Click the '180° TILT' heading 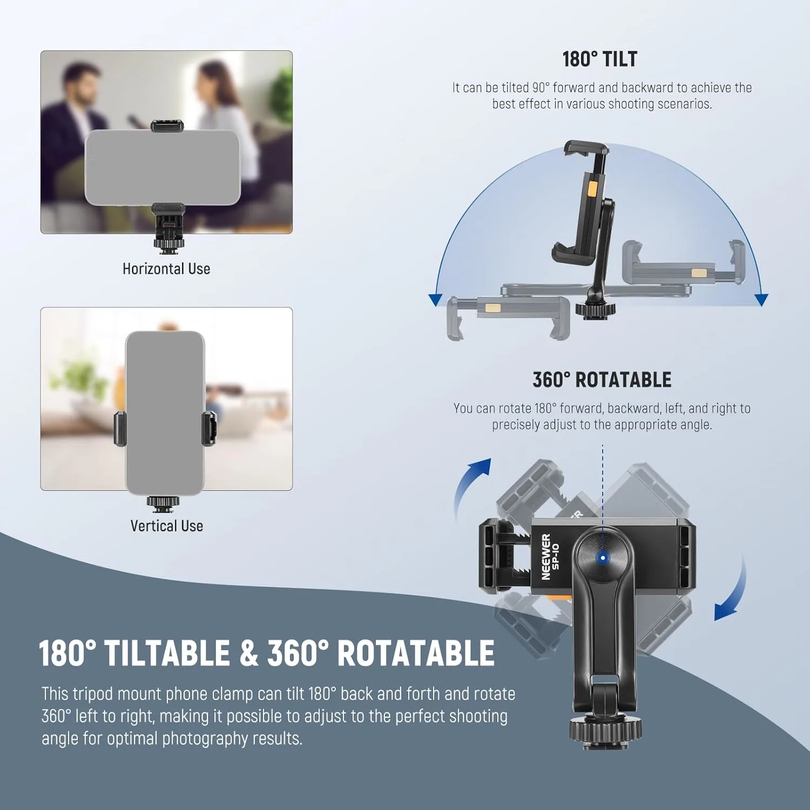599,59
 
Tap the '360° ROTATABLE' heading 602,380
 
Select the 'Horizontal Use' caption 166,269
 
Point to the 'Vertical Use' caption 166,526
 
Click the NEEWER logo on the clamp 546,557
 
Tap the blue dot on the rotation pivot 603,558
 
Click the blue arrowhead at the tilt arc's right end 761,300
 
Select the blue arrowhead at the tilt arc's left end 435,300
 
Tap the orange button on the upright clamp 592,188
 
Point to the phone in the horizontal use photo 163,167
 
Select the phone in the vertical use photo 165,413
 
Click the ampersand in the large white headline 248,653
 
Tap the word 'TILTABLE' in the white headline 167,653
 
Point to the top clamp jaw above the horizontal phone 167,126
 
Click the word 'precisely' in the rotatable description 516,425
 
